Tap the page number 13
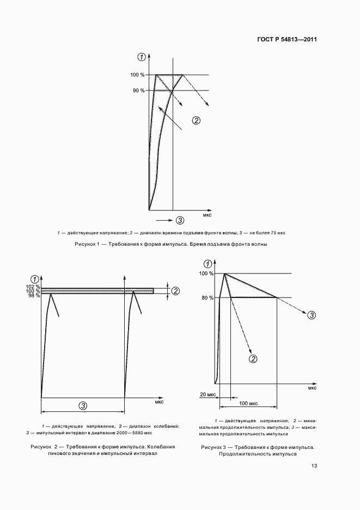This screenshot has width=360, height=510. (x=314, y=466)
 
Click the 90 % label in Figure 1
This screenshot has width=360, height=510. (x=139, y=90)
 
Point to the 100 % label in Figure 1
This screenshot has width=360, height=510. (x=138, y=75)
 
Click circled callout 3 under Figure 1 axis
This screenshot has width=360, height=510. (x=180, y=220)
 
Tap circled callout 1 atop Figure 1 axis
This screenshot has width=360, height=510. (x=142, y=57)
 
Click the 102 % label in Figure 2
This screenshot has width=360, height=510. (x=34, y=287)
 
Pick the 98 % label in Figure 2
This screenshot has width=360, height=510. (x=35, y=295)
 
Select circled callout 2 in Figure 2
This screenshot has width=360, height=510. (x=175, y=291)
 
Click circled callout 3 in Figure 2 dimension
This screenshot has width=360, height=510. (x=83, y=405)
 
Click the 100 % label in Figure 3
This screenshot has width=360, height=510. (x=207, y=273)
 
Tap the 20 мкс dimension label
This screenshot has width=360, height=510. (x=207, y=394)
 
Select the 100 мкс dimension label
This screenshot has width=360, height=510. (x=249, y=403)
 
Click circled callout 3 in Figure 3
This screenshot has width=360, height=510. (x=312, y=314)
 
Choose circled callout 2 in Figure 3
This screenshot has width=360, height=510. (x=253, y=358)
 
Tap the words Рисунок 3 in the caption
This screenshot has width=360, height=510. (x=213, y=447)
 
